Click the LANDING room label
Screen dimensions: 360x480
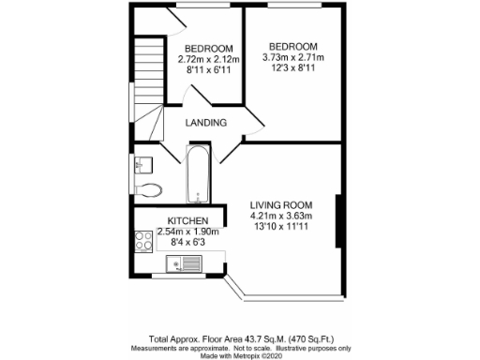(x=206, y=123)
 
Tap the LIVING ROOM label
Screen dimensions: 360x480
(x=280, y=205)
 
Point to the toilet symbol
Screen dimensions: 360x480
(x=153, y=189)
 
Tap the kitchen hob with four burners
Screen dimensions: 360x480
(x=143, y=242)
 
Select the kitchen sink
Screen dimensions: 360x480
(x=178, y=269)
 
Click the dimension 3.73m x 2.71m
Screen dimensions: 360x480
(x=292, y=57)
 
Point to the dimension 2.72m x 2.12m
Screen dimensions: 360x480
(x=208, y=60)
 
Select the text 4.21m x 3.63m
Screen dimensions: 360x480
(x=280, y=217)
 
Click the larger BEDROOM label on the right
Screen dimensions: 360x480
(x=292, y=46)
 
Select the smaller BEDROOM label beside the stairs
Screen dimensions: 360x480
(x=208, y=49)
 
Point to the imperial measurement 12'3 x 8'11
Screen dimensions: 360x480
(x=292, y=68)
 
